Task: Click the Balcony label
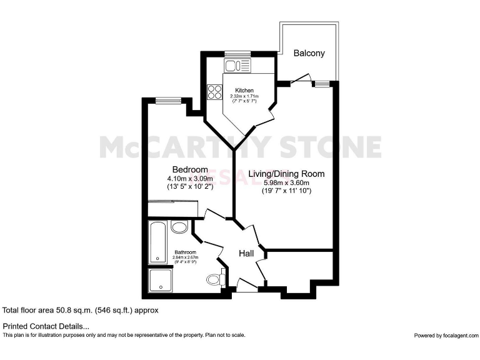point(309,53)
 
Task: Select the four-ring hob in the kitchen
point(215,92)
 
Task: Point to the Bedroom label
point(190,169)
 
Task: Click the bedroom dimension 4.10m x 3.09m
point(190,178)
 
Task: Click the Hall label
point(246,253)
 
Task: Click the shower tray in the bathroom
point(161,280)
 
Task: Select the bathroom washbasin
point(179,227)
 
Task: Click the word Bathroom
point(185,252)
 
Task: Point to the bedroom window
point(168,99)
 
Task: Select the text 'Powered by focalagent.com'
point(445,336)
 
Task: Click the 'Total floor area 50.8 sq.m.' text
point(81,310)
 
